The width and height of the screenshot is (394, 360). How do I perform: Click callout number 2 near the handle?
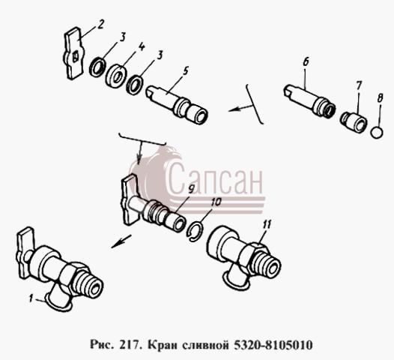(100, 25)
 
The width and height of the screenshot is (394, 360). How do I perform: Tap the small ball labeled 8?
(378, 132)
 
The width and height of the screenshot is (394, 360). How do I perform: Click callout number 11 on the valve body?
(267, 225)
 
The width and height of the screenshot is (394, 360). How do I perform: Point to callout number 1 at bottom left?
(31, 298)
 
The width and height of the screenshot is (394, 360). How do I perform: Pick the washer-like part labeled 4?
(116, 76)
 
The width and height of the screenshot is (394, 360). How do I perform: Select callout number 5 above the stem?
(185, 72)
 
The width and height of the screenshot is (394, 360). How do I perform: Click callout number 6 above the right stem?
(306, 62)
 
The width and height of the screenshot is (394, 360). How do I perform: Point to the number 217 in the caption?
(131, 345)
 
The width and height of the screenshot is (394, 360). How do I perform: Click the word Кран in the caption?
(161, 345)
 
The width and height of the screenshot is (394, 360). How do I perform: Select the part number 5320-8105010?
(273, 345)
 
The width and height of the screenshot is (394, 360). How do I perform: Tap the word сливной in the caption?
(204, 345)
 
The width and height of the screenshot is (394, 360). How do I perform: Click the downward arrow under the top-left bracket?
(140, 153)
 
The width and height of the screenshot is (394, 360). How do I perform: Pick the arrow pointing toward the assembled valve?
(121, 241)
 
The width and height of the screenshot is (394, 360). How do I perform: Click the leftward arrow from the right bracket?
(240, 109)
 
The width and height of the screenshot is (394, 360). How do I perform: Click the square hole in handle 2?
(75, 56)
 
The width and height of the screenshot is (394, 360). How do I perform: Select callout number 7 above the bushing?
(359, 85)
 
